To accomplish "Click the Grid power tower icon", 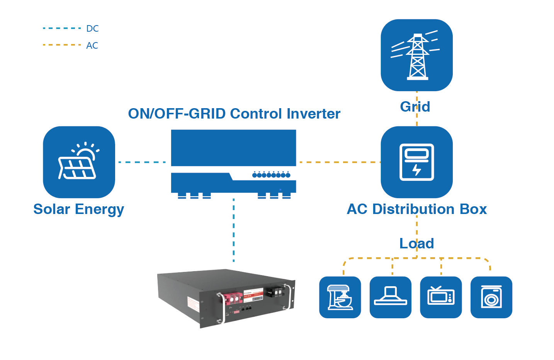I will pos(416,55).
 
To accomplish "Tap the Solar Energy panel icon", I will pos(79,162).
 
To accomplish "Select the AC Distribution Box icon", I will pos(416,162).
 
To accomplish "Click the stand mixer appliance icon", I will pos(340,297).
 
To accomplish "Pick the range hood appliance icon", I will pos(390,297).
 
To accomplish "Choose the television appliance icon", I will pos(441,297).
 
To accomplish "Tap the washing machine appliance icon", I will pos(491,297).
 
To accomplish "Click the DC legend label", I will pos(92,29).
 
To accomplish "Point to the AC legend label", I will pos(92,46).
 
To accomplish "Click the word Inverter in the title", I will pos(313,114).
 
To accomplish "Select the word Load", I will pos(416,243).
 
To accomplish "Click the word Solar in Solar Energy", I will pos(52,209).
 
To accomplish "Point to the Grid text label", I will pos(415,107).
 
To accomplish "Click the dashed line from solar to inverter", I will pos(142,162).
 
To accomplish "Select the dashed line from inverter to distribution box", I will pos(338,162).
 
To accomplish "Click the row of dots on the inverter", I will pos(271,175).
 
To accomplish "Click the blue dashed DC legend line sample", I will pos(62,28).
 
